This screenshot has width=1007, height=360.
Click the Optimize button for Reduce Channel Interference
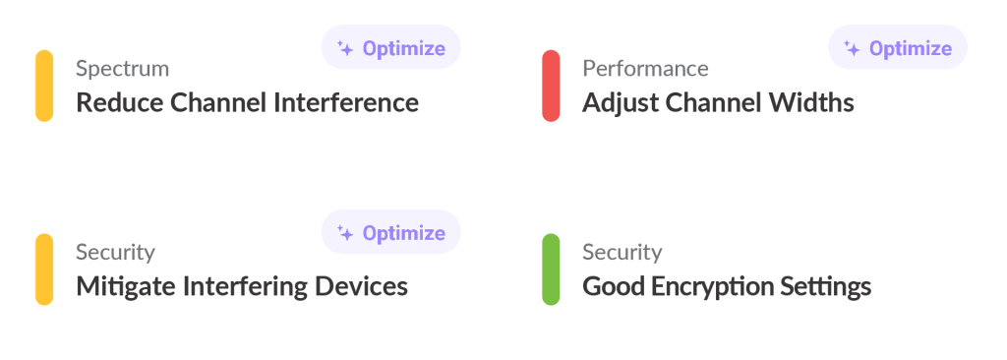tap(391, 47)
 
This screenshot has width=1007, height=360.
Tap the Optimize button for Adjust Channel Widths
tap(898, 47)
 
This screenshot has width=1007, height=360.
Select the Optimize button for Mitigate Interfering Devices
tap(391, 231)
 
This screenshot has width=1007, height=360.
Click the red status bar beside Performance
tap(551, 86)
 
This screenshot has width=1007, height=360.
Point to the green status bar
tap(551, 270)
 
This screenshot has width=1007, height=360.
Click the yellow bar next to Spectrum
tap(44, 86)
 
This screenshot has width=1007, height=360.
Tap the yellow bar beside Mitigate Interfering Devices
tap(44, 270)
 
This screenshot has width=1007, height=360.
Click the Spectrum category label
tap(123, 69)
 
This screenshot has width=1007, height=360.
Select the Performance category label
tap(645, 68)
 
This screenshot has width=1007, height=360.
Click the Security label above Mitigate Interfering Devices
tap(116, 253)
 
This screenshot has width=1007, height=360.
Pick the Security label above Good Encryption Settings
tap(622, 253)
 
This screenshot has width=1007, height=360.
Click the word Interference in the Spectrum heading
tap(347, 103)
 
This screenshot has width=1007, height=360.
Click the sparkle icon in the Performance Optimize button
tap(852, 48)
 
